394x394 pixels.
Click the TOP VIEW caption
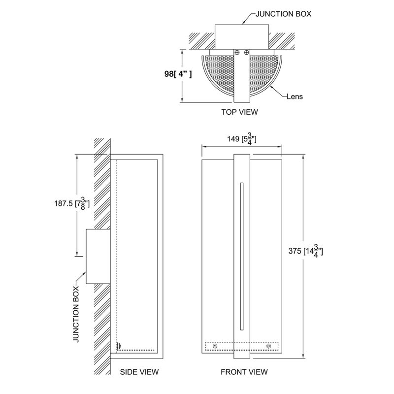point(239,112)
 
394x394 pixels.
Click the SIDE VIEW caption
point(139,372)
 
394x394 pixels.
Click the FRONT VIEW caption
point(244,372)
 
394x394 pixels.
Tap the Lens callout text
point(295,97)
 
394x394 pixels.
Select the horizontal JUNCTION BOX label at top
point(284,14)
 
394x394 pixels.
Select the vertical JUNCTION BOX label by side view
point(76,314)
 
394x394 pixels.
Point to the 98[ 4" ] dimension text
point(178,74)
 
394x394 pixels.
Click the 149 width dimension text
point(242,139)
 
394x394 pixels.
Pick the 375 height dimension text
point(305,251)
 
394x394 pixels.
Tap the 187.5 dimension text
point(72,203)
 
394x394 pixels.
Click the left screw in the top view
point(237,53)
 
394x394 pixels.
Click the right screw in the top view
point(247,53)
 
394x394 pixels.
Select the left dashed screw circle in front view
point(215,346)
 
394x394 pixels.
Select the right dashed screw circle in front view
point(268,346)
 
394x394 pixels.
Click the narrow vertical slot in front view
point(242,256)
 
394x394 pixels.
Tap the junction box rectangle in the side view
point(98,256)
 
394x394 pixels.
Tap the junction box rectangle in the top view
point(242,36)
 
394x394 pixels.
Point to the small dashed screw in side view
point(118,347)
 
